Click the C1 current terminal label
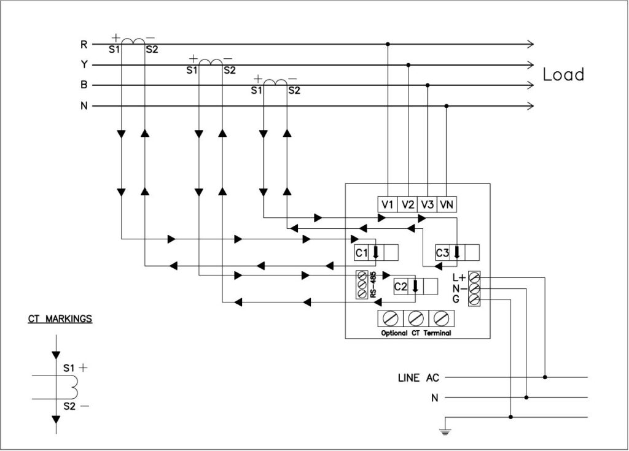pyautogui.click(x=362, y=253)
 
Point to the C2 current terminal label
pyautogui.click(x=400, y=286)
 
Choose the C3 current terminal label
pyautogui.click(x=442, y=253)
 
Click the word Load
pyautogui.click(x=563, y=75)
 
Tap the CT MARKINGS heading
pyautogui.click(x=60, y=318)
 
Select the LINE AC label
pyautogui.click(x=418, y=377)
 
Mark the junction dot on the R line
pyautogui.click(x=388, y=44)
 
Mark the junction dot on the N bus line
pyautogui.click(x=447, y=106)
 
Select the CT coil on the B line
pyautogui.click(x=272, y=82)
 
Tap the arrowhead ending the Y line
pyautogui.click(x=529, y=64)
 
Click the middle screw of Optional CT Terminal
pyautogui.click(x=416, y=318)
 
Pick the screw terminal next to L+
pyautogui.click(x=474, y=277)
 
